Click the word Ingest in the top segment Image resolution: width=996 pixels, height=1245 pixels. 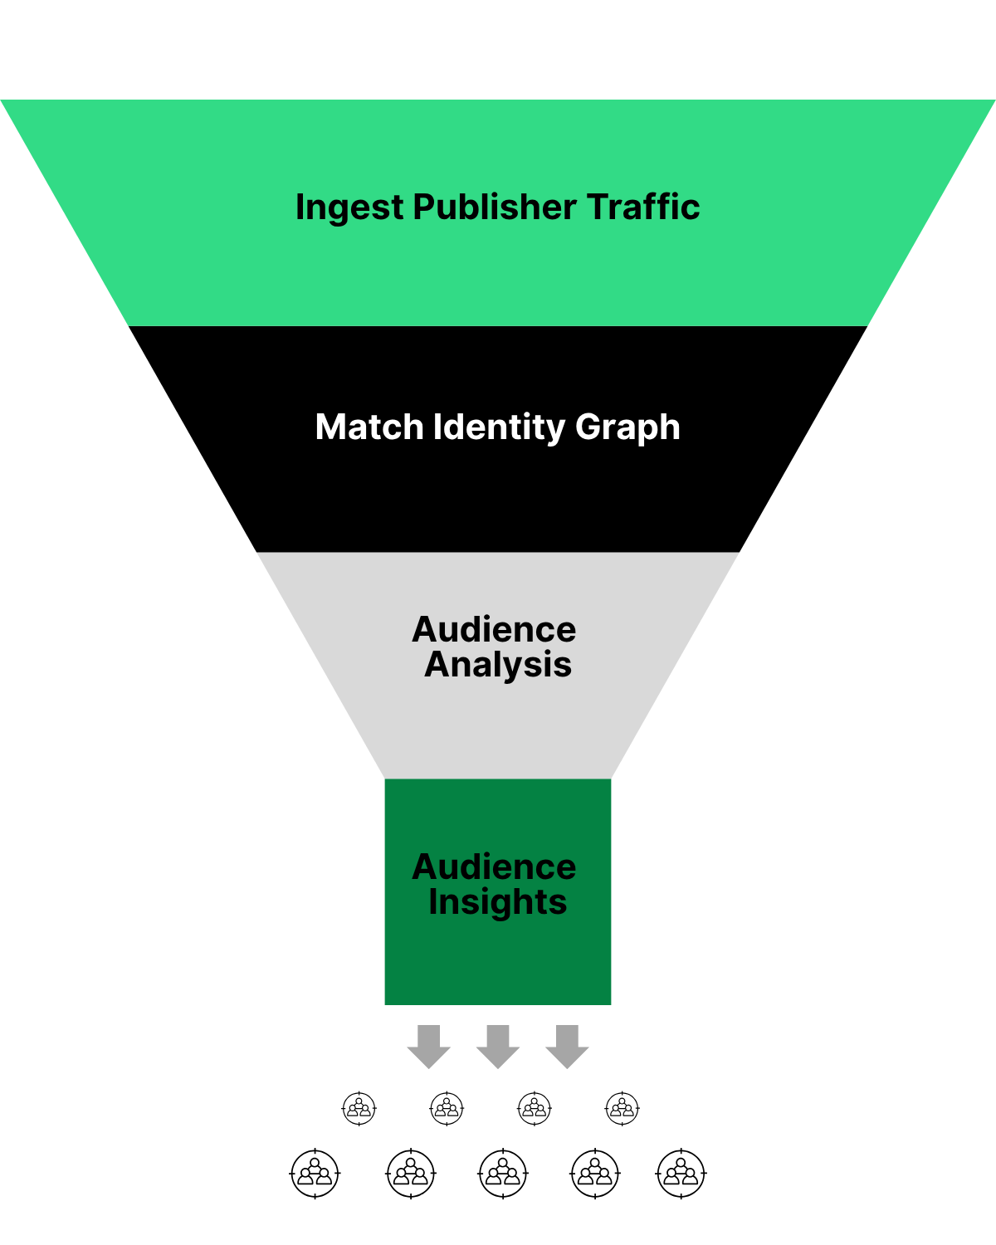(349, 207)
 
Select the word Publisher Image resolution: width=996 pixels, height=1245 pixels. (494, 207)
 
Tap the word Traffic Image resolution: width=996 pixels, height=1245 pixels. (643, 207)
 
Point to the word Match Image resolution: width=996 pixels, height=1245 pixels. (369, 427)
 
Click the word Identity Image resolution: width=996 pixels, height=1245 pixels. (498, 427)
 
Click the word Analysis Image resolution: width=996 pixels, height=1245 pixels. (498, 665)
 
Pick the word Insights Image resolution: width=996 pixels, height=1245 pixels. (498, 902)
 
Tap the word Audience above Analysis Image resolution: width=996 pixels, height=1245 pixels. (494, 630)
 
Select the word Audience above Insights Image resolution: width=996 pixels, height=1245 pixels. (494, 867)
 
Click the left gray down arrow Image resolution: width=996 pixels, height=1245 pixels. (429, 1046)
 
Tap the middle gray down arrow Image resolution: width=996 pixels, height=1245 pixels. (498, 1046)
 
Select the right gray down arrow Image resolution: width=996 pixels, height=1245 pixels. (567, 1046)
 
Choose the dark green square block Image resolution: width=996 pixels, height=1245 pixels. (498, 963)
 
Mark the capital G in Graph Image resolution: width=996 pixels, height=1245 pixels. (588, 427)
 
